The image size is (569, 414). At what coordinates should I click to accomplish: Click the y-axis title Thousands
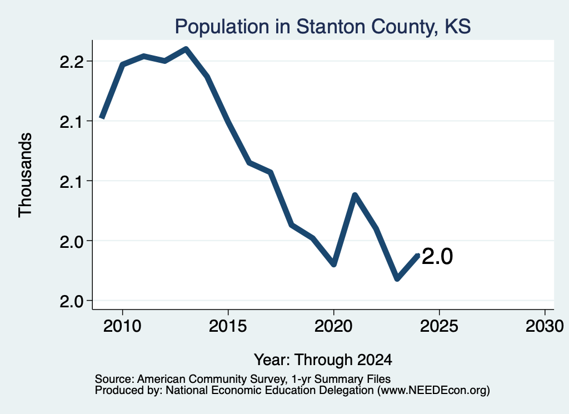(25, 175)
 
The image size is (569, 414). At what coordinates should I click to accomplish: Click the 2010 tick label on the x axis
(122, 326)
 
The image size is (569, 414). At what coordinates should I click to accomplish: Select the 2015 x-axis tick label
(228, 326)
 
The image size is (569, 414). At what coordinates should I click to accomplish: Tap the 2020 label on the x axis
(333, 326)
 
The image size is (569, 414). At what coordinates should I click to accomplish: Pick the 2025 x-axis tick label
(439, 326)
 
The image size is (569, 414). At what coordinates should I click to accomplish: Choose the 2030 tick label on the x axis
(545, 326)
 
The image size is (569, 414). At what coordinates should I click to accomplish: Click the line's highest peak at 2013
(186, 48)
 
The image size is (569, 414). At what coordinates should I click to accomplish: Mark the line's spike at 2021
(355, 196)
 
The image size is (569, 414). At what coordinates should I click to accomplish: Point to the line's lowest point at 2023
(397, 279)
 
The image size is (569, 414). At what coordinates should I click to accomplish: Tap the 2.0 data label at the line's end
(437, 257)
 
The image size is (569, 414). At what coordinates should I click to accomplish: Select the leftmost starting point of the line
(102, 117)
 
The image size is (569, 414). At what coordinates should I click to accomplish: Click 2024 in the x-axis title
(375, 360)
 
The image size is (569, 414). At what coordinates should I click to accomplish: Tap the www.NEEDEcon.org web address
(433, 391)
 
